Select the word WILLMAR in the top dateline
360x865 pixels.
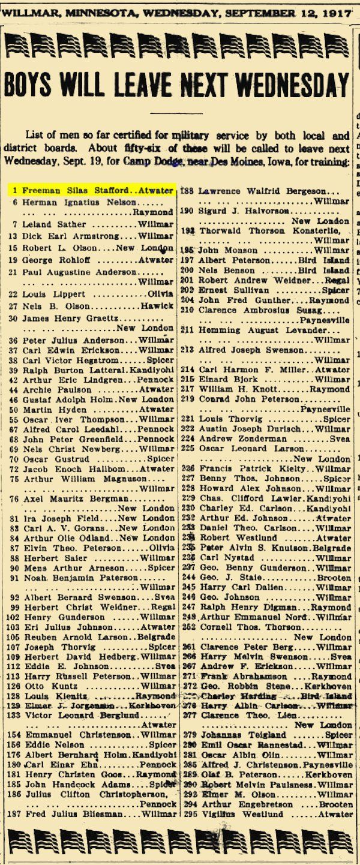click(29, 11)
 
